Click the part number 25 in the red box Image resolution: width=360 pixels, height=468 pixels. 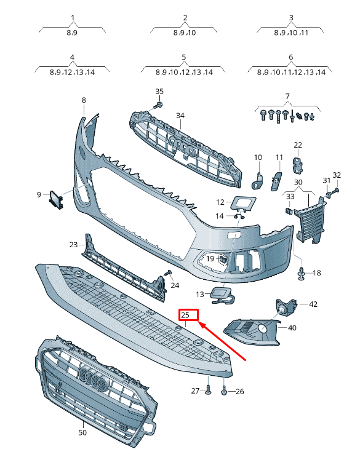tap(185, 315)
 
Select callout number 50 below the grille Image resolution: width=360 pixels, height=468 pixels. tap(82, 432)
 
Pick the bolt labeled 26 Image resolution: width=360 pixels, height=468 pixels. tap(224, 390)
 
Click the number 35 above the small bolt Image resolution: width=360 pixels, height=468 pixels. tap(159, 92)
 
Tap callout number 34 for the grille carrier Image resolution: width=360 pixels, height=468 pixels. tap(180, 116)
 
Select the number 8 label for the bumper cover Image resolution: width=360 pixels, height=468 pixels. tap(84, 100)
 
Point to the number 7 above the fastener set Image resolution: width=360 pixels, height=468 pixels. tap(287, 97)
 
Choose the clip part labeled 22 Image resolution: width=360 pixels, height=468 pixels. tap(298, 163)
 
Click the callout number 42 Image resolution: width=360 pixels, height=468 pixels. tap(313, 304)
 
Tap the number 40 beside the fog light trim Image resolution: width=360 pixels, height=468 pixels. tap(292, 328)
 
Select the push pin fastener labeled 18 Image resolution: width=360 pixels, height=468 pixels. tap(301, 274)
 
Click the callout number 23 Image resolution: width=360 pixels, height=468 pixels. tap(74, 245)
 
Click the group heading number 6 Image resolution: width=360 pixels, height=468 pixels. tap(291, 57)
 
